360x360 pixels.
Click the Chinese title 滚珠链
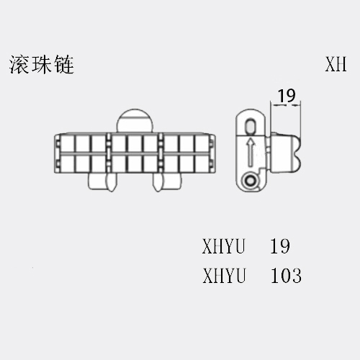[42, 65]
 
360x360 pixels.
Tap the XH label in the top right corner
[336, 64]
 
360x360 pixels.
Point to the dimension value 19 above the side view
[287, 96]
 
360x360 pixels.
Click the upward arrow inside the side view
[251, 152]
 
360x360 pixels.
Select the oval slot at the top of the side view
[251, 125]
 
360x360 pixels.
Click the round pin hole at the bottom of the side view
[251, 181]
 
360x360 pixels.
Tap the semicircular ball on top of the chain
[135, 121]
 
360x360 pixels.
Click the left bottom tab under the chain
[102, 181]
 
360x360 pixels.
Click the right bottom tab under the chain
[167, 181]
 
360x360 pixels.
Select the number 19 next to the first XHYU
[280, 246]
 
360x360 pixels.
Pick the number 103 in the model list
[286, 276]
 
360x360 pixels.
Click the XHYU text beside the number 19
[223, 246]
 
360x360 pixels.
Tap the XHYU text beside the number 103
[224, 276]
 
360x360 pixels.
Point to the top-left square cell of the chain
[67, 143]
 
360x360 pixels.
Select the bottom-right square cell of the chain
[202, 163]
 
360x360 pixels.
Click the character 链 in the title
[64, 65]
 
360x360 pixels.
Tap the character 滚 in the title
[19, 65]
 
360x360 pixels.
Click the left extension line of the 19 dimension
[271, 117]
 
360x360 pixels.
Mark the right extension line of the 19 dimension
[300, 120]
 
